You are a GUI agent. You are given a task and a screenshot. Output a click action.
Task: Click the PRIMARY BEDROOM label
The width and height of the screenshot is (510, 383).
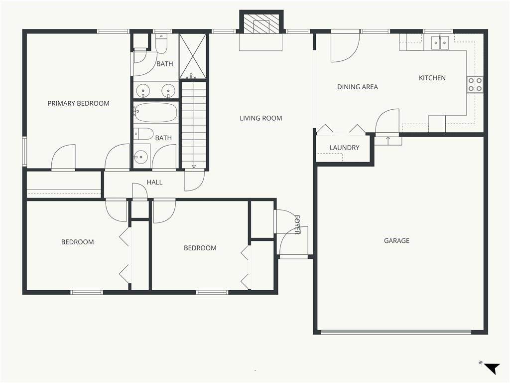click(x=78, y=104)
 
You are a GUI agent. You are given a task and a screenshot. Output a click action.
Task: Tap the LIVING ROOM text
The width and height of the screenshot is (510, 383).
click(x=261, y=118)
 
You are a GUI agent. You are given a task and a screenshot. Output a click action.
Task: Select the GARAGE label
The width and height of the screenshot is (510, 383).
click(x=396, y=241)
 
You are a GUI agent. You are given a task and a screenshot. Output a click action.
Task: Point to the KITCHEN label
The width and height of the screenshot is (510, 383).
click(x=432, y=78)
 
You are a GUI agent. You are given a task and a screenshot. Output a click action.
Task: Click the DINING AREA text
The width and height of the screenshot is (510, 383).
click(x=358, y=87)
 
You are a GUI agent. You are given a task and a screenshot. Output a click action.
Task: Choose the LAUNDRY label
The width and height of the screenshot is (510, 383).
click(x=345, y=148)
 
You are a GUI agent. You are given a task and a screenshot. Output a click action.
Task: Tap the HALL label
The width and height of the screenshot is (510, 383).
click(x=154, y=183)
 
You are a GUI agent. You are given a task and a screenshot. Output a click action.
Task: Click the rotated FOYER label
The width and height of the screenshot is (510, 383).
click(x=297, y=225)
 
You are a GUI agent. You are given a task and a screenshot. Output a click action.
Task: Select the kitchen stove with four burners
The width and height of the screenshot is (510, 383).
click(x=475, y=84)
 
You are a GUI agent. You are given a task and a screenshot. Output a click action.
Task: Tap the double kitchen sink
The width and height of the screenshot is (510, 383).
click(x=440, y=43)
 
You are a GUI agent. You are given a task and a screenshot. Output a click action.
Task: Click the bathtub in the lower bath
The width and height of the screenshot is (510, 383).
click(x=156, y=113)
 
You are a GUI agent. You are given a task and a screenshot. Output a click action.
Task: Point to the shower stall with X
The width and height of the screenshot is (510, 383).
click(x=193, y=56)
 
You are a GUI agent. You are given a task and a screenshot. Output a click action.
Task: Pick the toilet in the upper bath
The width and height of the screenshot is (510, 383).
click(x=161, y=44)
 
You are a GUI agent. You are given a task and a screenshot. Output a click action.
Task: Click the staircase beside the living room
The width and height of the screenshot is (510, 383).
click(x=194, y=125)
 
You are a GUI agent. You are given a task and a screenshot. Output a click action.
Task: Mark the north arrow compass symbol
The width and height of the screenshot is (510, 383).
click(x=492, y=368)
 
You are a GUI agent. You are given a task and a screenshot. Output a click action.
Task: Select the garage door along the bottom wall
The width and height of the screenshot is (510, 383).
click(x=396, y=332)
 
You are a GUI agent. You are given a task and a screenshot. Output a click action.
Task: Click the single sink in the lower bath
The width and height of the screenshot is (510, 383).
click(x=141, y=157)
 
